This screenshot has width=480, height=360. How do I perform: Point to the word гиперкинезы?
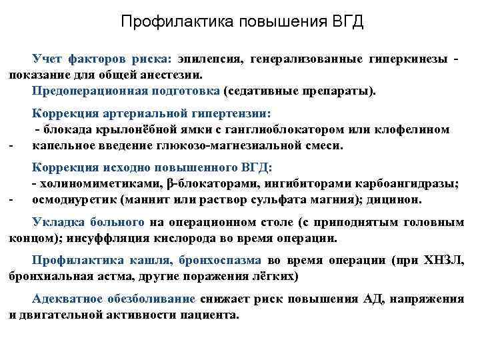408,59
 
